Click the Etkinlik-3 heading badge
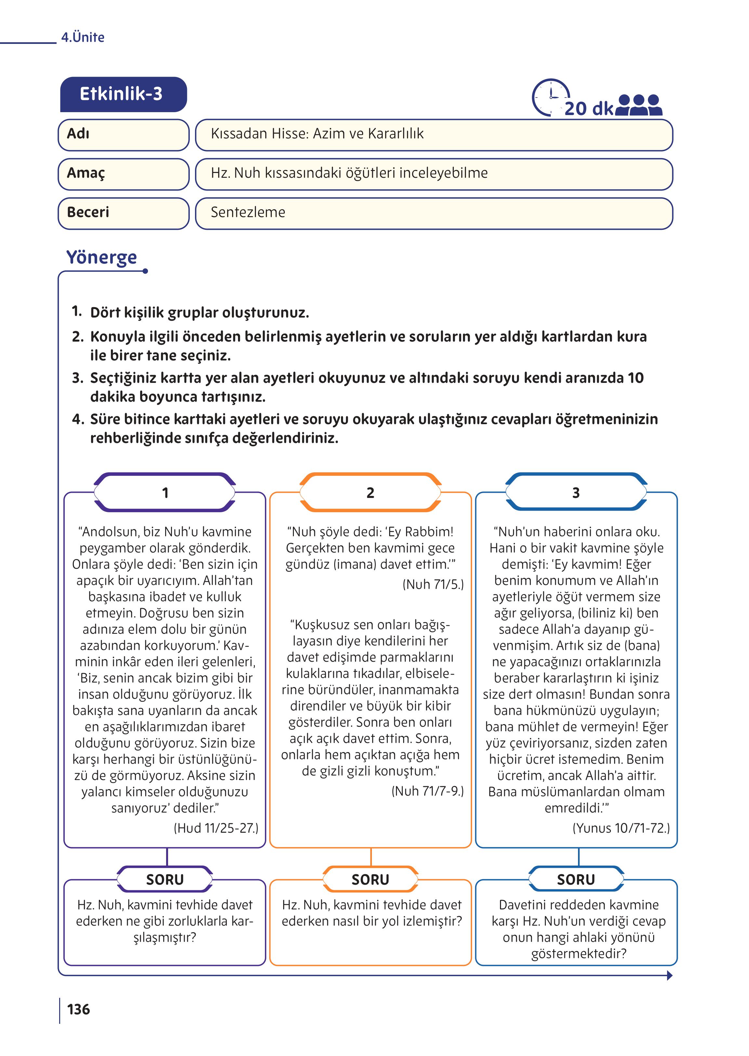pos(123,94)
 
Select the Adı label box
pos(123,135)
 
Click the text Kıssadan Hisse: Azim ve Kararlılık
pos(317,134)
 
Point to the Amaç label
pos(86,173)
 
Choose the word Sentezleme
pos(248,213)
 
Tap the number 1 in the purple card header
pos(165,493)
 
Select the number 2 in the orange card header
pos(370,493)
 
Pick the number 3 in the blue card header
pos(576,493)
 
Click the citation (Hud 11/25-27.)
pos(216,828)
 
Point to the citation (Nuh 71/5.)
pos(433,584)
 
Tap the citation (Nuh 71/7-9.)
pos(427,791)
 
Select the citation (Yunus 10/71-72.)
pos(621,828)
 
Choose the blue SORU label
pos(576,880)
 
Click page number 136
pos(78,1010)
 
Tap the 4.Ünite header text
pos(83,37)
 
